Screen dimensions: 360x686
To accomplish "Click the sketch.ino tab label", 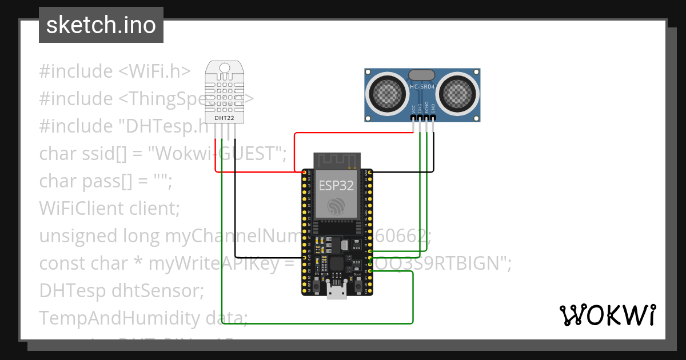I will click(x=101, y=25).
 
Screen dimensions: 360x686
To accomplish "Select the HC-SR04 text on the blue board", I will click(x=422, y=87).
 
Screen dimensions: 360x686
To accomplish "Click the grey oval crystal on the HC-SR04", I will click(x=422, y=74).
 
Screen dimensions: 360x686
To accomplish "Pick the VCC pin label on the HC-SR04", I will click(x=413, y=108).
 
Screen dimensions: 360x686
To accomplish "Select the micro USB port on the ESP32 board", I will click(x=337, y=291).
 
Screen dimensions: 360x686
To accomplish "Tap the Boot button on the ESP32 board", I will click(x=358, y=281).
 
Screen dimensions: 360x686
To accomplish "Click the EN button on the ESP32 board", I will click(x=317, y=281).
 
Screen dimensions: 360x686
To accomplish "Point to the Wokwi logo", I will click(x=607, y=315).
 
